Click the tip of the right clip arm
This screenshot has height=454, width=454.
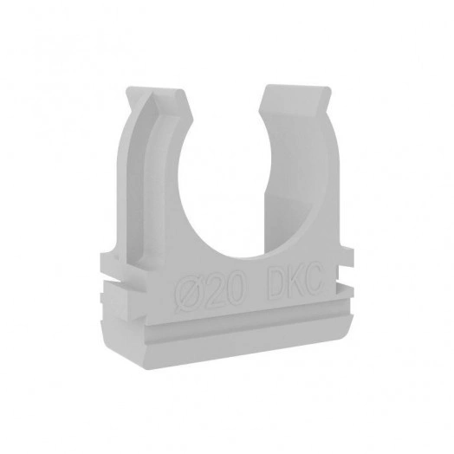click(296, 85)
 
